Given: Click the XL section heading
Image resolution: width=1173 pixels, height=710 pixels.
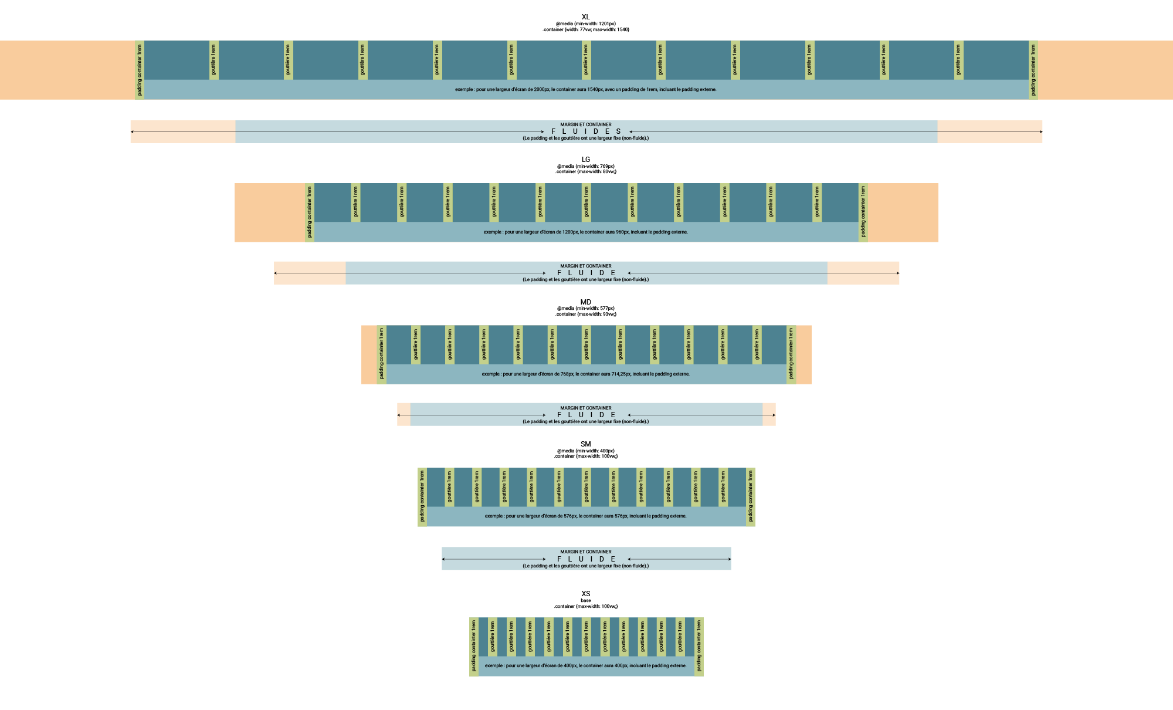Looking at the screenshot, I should [585, 17].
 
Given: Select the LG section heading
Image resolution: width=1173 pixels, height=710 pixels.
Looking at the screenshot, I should [585, 160].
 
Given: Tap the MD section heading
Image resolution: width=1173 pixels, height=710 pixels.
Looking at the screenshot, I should [585, 302].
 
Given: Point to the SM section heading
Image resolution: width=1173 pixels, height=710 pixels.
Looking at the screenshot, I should [585, 444].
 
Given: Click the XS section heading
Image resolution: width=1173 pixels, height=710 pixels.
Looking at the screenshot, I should [585, 594].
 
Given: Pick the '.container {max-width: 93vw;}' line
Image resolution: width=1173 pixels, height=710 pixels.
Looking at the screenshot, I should [585, 315].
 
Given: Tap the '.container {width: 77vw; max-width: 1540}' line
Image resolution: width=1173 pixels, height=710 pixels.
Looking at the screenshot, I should [585, 29].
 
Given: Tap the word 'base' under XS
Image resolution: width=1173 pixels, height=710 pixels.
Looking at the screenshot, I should [585, 600].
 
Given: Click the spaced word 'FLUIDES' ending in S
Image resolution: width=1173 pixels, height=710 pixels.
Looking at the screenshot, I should [586, 131].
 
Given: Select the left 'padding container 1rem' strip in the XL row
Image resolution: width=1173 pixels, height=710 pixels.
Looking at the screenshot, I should [140, 70].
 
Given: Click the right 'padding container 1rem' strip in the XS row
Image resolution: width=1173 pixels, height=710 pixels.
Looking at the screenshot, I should [699, 647].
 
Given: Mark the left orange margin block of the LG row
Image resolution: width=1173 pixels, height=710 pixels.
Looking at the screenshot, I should [269, 212].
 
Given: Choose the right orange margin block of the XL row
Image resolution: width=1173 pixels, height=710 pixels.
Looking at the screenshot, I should [1105, 70].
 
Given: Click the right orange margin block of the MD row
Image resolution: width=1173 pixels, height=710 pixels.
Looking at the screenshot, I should [804, 355].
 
